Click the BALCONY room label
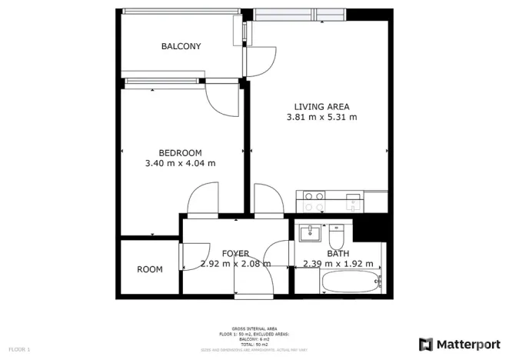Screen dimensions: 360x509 [181, 46]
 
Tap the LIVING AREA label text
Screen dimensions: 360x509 [321, 106]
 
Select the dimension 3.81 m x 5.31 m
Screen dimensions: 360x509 [321, 118]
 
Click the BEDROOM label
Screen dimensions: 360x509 [180, 152]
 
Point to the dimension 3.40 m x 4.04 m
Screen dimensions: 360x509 [180, 163]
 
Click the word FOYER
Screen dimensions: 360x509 [235, 253]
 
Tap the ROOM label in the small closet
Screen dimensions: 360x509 [150, 269]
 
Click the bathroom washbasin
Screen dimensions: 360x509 [311, 232]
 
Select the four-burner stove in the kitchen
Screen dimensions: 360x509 [313, 202]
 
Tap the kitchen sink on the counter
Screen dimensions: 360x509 [354, 202]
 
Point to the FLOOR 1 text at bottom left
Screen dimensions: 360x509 [19, 350]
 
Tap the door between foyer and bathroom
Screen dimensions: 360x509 [278, 255]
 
